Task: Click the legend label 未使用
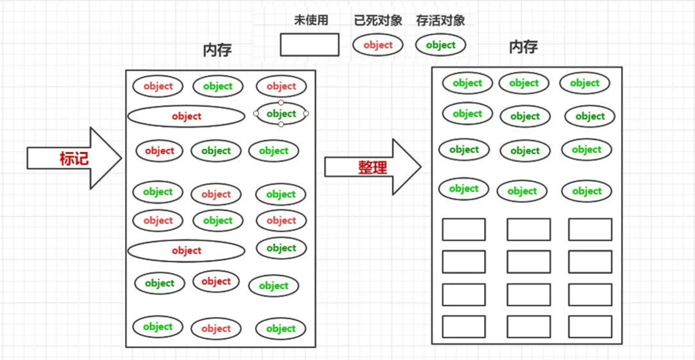tap(311, 20)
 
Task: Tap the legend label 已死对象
tap(378, 20)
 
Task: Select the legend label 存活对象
tap(441, 20)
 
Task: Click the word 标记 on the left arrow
tap(74, 159)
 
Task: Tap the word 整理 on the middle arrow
tap(372, 167)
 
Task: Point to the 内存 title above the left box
tap(217, 50)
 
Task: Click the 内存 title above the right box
tap(524, 47)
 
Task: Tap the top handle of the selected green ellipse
tap(281, 102)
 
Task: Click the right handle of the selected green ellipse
tap(306, 113)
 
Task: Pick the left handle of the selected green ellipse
tap(256, 113)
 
